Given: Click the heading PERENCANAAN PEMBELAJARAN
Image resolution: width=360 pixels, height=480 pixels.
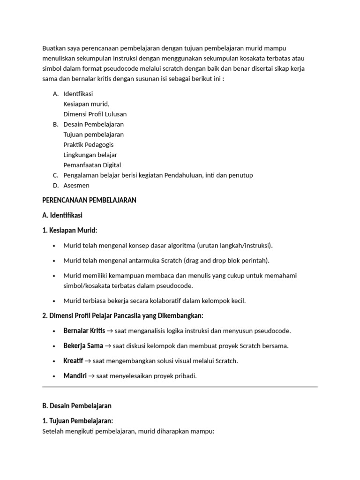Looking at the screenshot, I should [89, 200].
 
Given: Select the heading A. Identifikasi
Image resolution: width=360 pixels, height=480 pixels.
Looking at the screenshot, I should [62, 215].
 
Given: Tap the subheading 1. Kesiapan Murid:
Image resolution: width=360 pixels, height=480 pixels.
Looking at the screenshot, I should [69, 230].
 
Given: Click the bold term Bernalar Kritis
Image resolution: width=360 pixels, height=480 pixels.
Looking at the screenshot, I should [84, 331].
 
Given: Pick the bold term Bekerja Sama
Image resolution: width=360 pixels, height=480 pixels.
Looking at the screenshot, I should [83, 346].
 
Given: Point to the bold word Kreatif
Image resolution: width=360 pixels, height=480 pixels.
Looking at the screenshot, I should [73, 361].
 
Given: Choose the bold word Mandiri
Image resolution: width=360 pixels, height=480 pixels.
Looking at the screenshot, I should [75, 376].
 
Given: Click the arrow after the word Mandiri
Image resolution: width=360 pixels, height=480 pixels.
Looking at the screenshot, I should [92, 376].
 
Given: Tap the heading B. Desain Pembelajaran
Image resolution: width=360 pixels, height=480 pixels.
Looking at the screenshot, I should [77, 405].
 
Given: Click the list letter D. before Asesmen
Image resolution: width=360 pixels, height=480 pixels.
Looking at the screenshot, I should [55, 186].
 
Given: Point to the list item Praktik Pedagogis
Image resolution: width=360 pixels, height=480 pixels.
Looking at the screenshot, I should [88, 145].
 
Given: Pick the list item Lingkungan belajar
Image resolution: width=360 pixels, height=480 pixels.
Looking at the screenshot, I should [90, 155].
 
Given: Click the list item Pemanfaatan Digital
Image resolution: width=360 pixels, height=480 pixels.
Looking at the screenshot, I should [92, 165].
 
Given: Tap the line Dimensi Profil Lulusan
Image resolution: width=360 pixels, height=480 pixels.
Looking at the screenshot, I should [95, 114].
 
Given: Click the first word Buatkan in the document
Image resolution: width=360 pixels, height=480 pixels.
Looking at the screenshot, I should [54, 48].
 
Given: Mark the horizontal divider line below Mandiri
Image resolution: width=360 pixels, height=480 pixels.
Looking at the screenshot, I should [180, 387].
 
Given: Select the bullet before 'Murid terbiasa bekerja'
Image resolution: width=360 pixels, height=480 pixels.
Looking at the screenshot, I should [54, 301].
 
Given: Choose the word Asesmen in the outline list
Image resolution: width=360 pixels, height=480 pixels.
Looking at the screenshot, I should [76, 186].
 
